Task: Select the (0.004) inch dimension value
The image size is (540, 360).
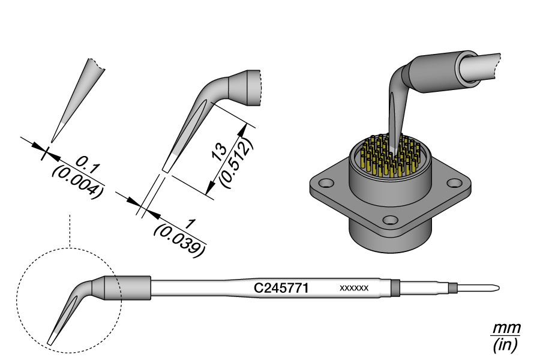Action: (78, 182)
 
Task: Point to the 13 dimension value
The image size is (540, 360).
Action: (220, 152)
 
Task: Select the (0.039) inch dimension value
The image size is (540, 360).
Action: (180, 239)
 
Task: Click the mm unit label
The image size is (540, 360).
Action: (506, 329)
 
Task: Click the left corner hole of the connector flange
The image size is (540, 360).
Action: (328, 181)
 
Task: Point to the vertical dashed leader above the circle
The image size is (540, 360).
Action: (70, 231)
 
